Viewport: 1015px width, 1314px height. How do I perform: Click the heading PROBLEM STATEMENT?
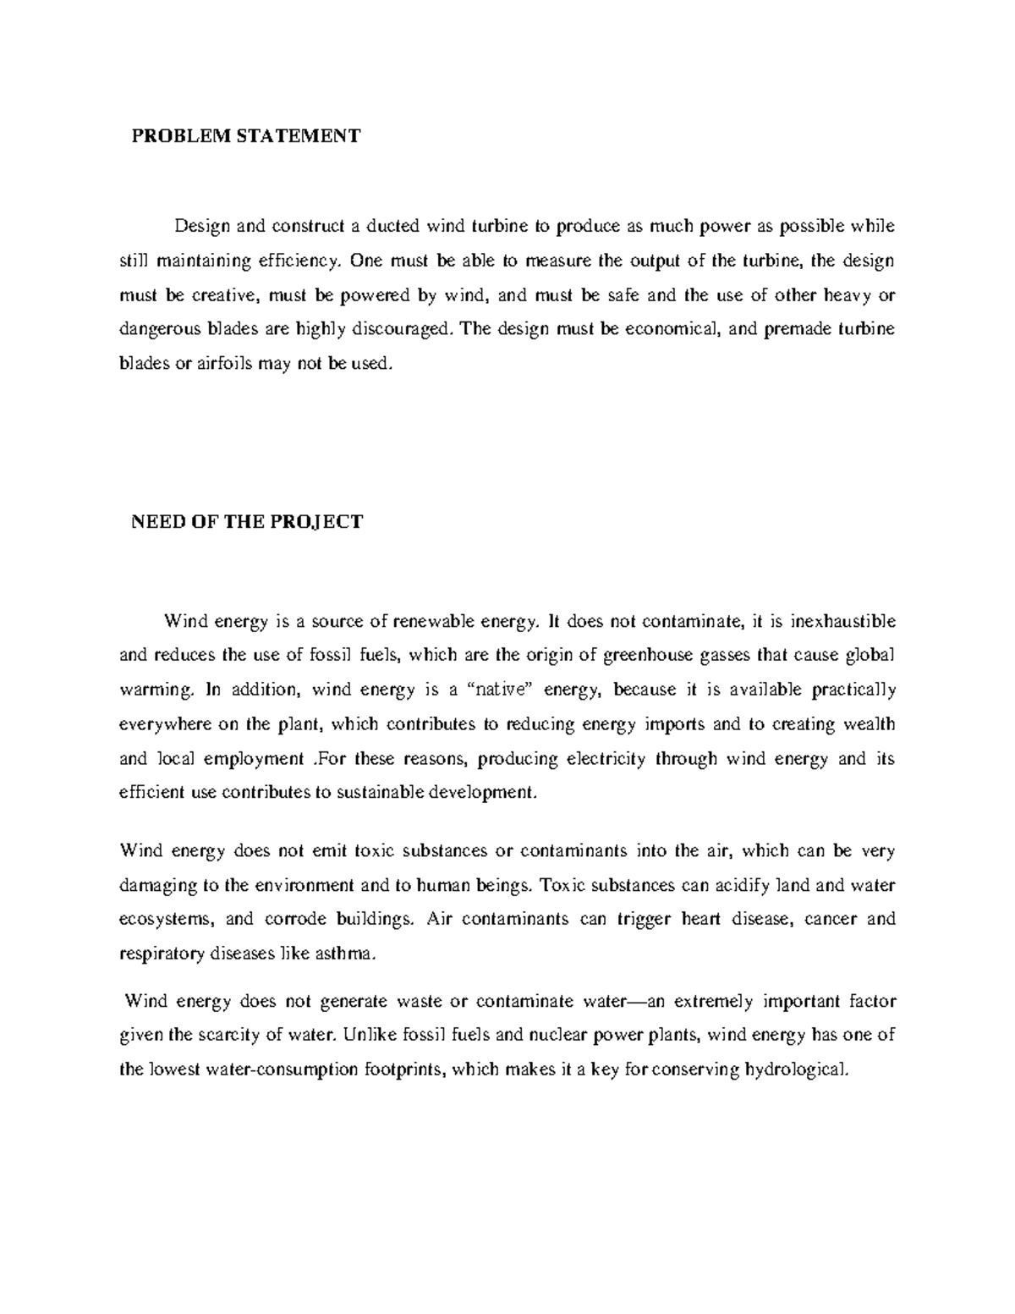[245, 136]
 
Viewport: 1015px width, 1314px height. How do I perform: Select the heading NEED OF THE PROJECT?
[246, 522]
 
